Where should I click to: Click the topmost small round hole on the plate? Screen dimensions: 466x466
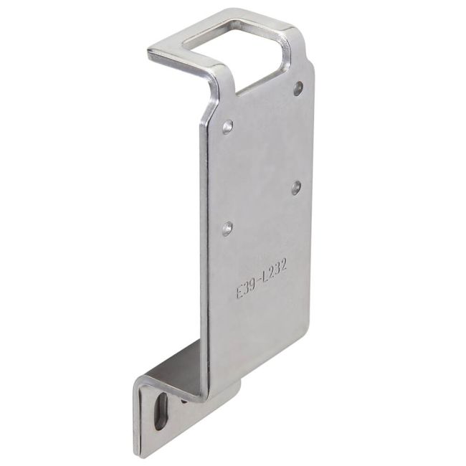point(298,88)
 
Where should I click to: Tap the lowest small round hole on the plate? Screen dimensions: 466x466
point(227,229)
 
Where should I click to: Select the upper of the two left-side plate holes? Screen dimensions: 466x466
point(228,128)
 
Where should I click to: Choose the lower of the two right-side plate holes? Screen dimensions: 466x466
point(297,188)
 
